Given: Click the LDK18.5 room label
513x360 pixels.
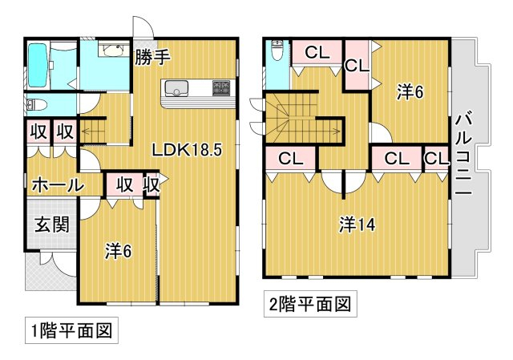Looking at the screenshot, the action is coord(187,150).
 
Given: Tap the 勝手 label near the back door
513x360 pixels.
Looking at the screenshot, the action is coord(152,57).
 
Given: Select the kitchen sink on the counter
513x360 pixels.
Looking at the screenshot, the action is coord(176,88).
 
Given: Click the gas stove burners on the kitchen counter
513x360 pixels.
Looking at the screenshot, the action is coord(222,87).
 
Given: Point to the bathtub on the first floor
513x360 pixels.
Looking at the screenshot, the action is coord(37,66).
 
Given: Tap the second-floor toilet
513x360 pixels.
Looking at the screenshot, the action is coord(277,51).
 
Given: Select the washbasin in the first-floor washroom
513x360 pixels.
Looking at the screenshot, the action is coord(113,51).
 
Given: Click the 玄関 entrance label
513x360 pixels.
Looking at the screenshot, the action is coord(52,224).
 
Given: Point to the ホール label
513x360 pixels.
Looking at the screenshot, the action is coord(57,185).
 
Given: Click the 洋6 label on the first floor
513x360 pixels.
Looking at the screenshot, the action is coord(118,251).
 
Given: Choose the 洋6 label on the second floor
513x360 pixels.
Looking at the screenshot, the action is coord(410,92).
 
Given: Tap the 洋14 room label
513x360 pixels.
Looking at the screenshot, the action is coord(357,225).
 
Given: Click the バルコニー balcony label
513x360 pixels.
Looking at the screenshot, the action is coord(463,156).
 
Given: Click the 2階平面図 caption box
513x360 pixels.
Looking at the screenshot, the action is coord(310,304).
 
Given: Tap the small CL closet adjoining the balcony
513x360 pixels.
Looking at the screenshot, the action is coord(436,159).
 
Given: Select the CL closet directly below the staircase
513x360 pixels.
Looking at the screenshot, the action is coord(290,159).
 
